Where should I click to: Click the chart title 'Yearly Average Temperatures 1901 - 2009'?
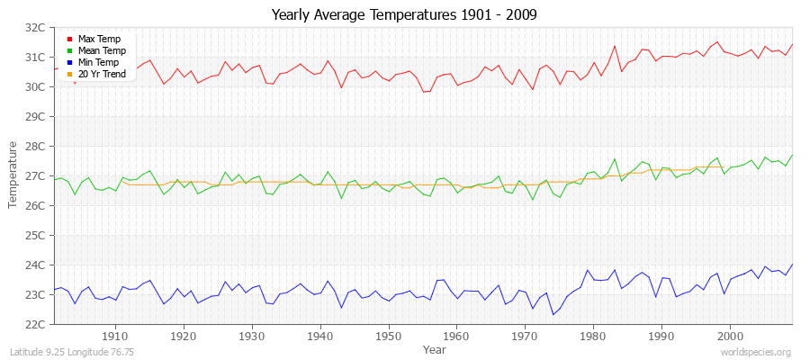pyautogui.click(x=404, y=15)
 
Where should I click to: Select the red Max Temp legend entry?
pyautogui.click(x=98, y=39)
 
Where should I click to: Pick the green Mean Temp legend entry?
pyautogui.click(x=100, y=50)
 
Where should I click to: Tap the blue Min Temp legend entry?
pyautogui.click(x=98, y=62)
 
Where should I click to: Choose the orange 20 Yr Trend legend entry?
pyautogui.click(x=102, y=74)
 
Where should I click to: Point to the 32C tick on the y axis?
pyautogui.click(x=34, y=28)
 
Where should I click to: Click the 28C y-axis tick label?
pyautogui.click(x=34, y=146)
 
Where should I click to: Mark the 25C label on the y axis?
pyautogui.click(x=34, y=235)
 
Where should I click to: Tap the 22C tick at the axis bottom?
pyautogui.click(x=34, y=324)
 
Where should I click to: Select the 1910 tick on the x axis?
pyautogui.click(x=115, y=336)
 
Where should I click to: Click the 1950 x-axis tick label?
pyautogui.click(x=389, y=336)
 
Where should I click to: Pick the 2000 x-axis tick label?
pyautogui.click(x=730, y=336)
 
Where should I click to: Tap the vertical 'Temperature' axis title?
pyautogui.click(x=13, y=175)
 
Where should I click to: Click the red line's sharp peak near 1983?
pyautogui.click(x=615, y=46)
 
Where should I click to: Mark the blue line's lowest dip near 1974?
pyautogui.click(x=553, y=313)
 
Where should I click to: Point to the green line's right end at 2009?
pyautogui.click(x=792, y=155)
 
